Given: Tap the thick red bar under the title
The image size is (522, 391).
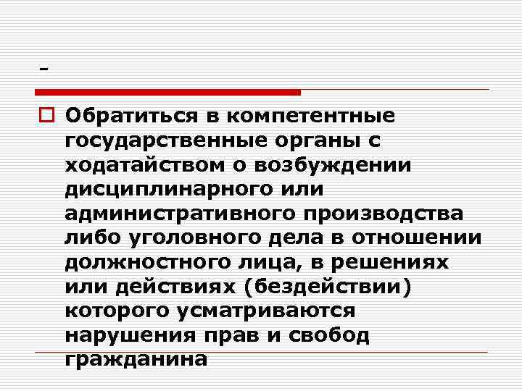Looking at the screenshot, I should click(167, 92).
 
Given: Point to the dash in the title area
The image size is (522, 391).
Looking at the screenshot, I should click(45, 70).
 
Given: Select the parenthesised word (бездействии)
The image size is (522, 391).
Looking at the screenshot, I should click(329, 287).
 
